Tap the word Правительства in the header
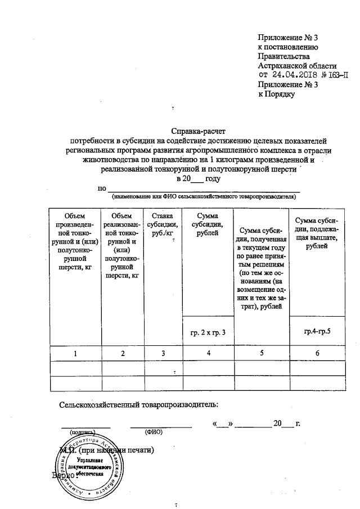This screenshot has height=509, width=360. pos(283,56)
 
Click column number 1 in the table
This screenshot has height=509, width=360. pos(75,353)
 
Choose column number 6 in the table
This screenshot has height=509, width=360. pos(317,353)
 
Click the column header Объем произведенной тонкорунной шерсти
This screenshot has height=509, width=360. pos(75,242)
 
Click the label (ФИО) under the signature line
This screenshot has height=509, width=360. pos(153,433)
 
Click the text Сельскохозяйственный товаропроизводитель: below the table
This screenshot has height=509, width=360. pos(139,404)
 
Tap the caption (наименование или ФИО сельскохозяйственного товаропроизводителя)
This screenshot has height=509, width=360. pos(203,197)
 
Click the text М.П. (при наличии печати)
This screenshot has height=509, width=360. pos(107,451)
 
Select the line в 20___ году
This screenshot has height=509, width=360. pos(196,178)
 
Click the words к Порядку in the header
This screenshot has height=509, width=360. pos(276,94)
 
